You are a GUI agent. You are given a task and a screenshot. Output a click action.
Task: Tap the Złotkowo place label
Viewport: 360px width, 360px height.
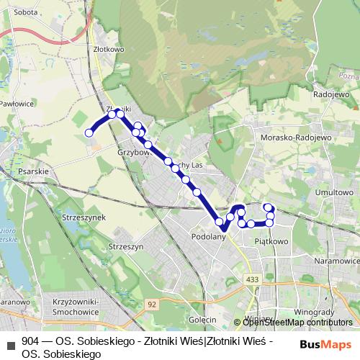(109, 49)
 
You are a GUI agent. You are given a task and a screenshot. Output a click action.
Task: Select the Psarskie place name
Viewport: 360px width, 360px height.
(34, 171)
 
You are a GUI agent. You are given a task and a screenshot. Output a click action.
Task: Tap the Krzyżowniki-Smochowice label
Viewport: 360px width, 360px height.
(78, 309)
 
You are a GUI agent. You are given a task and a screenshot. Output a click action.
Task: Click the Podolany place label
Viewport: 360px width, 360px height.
(209, 235)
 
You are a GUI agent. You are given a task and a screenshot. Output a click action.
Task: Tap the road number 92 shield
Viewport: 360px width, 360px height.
(152, 305)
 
